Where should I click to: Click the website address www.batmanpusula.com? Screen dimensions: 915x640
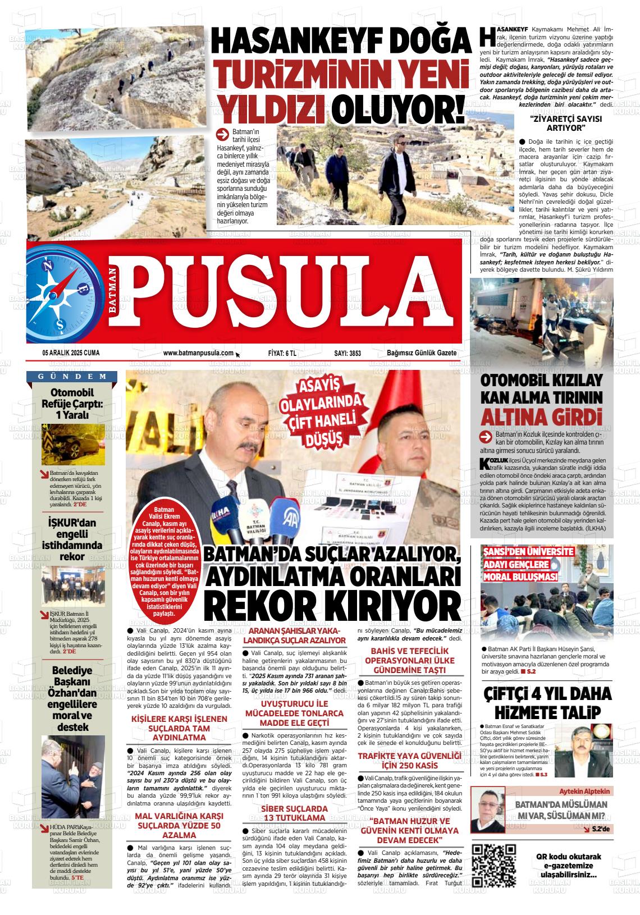pyautogui.click(x=198, y=353)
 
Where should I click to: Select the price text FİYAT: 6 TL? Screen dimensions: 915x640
pyautogui.click(x=282, y=353)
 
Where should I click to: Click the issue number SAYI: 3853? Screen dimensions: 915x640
pyautogui.click(x=348, y=353)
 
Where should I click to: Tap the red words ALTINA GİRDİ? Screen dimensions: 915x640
pyautogui.click(x=541, y=418)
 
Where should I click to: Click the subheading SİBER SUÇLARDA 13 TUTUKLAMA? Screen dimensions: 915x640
pyautogui.click(x=294, y=813)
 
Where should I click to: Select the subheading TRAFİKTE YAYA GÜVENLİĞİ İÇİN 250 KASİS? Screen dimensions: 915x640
pyautogui.click(x=409, y=761)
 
